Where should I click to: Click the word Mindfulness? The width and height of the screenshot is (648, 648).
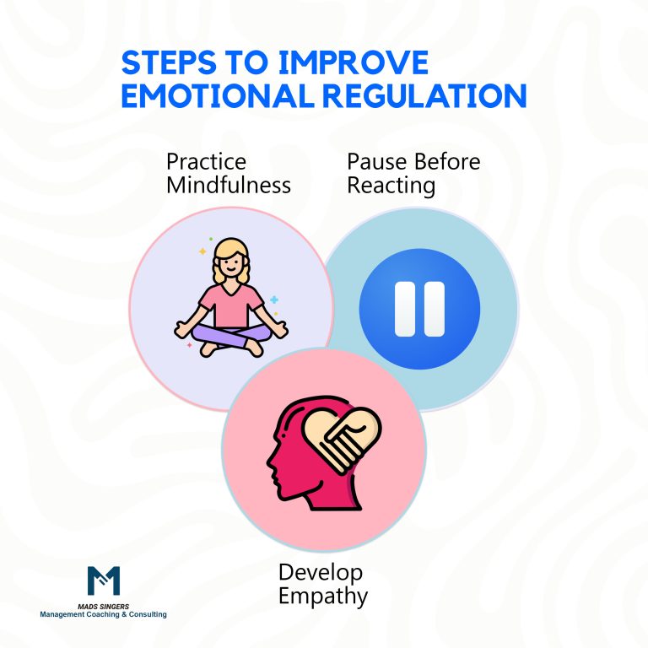(229, 183)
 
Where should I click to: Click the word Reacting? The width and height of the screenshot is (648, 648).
(391, 183)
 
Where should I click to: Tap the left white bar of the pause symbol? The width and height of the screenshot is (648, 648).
(404, 306)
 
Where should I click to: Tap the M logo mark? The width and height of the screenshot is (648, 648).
(104, 581)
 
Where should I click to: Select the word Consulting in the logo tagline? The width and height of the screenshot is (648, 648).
(144, 615)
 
